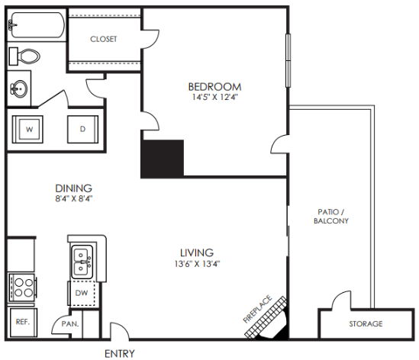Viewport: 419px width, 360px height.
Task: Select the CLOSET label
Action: pyautogui.click(x=103, y=39)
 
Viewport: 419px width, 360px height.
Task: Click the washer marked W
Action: pyautogui.click(x=30, y=130)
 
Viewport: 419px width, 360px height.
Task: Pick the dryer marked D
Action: pyautogui.click(x=82, y=130)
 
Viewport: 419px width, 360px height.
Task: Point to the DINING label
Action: pyautogui.click(x=74, y=188)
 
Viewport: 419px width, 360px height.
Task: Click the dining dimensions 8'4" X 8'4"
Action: pyautogui.click(x=74, y=199)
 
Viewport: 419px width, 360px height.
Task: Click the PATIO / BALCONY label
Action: pyautogui.click(x=330, y=216)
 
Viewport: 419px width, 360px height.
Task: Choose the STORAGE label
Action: pyautogui.click(x=366, y=324)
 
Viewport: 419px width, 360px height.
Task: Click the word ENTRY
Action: pyautogui.click(x=120, y=353)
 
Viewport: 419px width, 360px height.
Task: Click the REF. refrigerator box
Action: pyautogui.click(x=22, y=322)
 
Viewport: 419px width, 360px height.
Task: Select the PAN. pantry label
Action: pyautogui.click(x=70, y=324)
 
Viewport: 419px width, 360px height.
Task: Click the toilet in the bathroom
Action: pyautogui.click(x=28, y=56)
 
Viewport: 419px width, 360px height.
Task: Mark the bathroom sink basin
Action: pyautogui.click(x=18, y=89)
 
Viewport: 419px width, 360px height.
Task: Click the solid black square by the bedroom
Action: pyautogui.click(x=163, y=158)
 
